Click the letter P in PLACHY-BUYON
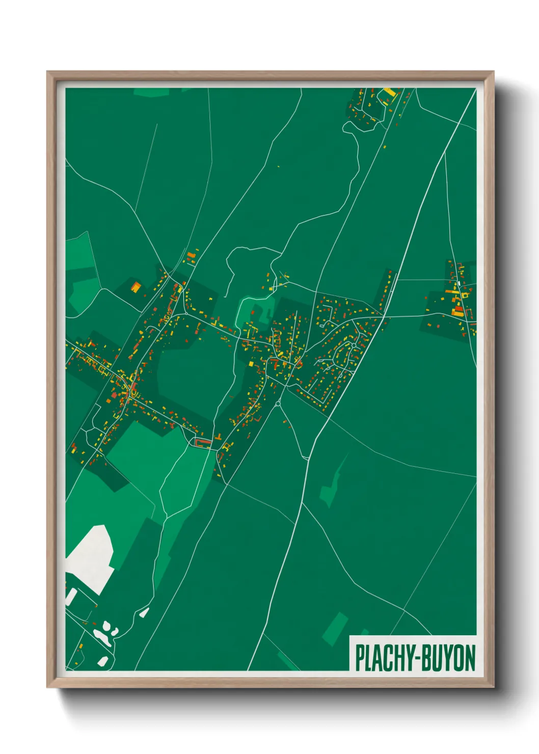pos(360,658)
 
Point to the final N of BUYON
pos(469,658)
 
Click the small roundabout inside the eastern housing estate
pos(353,346)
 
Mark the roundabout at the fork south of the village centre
pos(278,404)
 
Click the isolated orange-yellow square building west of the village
pos(136,287)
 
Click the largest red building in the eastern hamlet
pos(459,309)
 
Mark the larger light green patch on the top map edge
pos(151,92)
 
